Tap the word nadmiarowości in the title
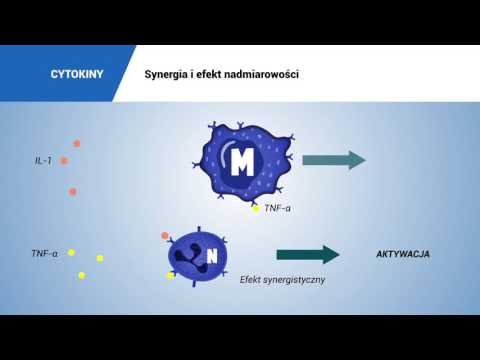click(262, 75)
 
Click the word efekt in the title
click(216, 75)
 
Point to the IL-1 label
click(42, 160)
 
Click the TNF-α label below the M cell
click(277, 209)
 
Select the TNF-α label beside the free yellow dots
click(44, 254)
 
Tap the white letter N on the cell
click(211, 257)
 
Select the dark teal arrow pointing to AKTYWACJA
click(307, 254)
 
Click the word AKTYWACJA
click(402, 254)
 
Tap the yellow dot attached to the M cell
click(255, 209)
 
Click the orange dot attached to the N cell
click(165, 236)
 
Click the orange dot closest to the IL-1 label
click(64, 160)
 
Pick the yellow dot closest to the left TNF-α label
click(71, 253)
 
